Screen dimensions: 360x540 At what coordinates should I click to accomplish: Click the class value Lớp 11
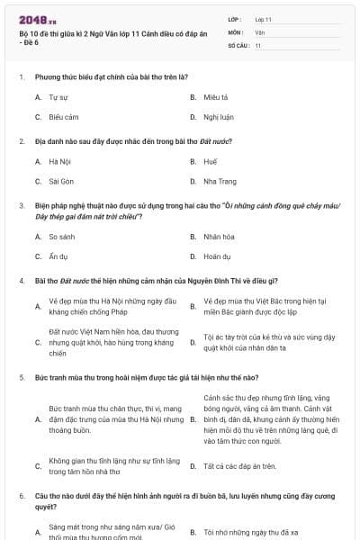click(263, 18)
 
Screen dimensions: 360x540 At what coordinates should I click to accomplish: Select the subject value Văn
click(259, 31)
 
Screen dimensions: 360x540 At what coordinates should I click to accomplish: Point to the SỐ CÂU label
click(238, 43)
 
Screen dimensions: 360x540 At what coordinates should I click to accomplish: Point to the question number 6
click(22, 496)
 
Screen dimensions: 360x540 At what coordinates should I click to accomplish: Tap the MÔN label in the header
click(236, 31)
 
